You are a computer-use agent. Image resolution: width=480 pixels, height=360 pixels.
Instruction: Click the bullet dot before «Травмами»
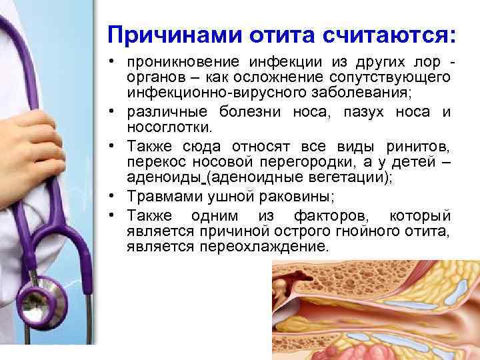point(114,196)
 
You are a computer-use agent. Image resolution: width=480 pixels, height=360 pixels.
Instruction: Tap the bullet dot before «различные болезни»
point(114,112)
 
